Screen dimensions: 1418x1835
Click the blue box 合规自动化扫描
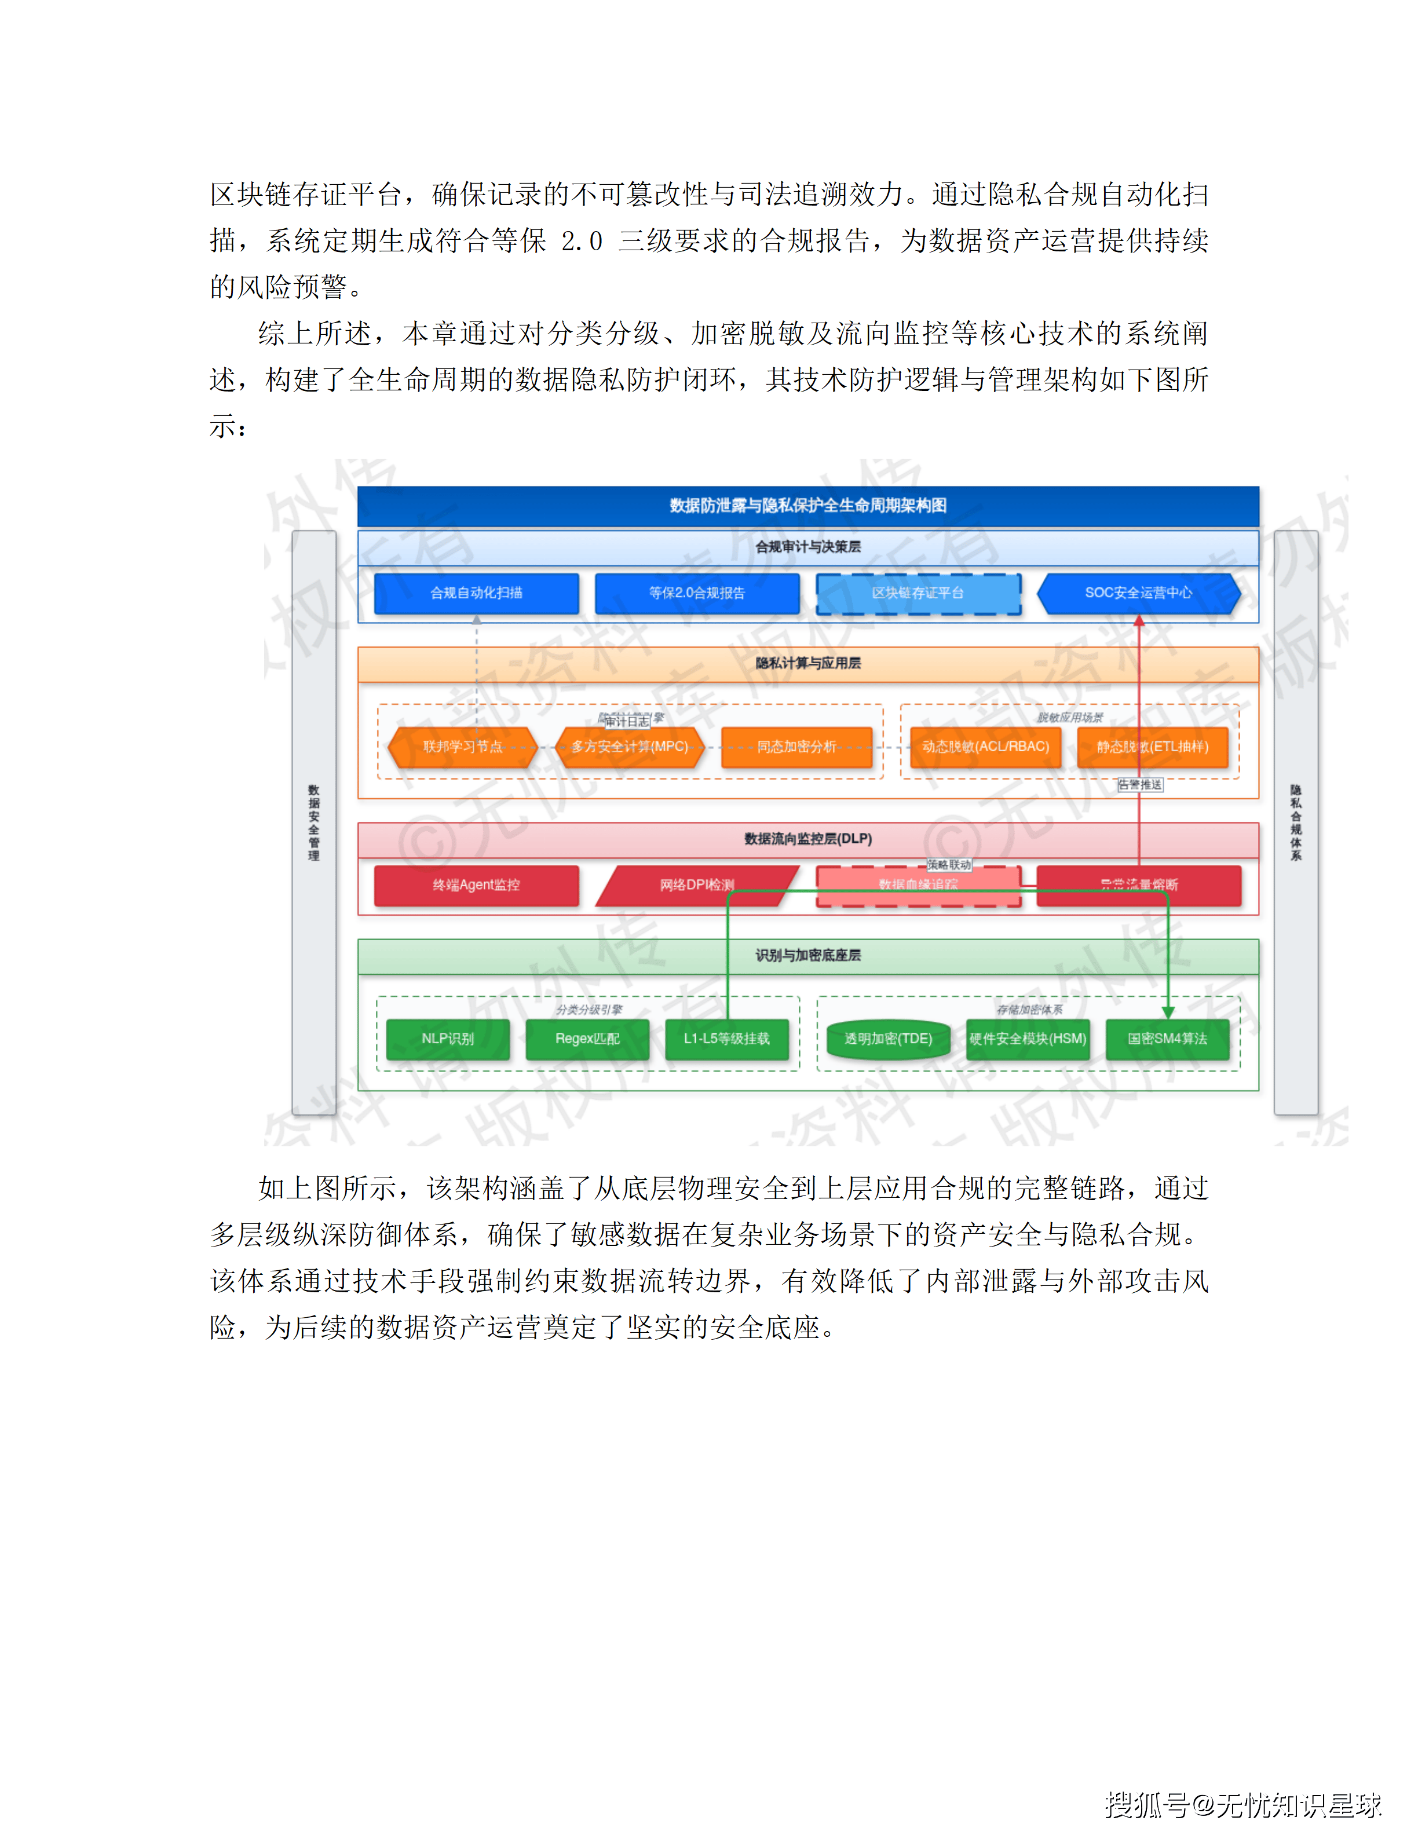tap(476, 593)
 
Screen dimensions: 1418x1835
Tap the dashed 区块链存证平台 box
tap(918, 593)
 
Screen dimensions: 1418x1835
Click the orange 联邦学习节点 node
tap(462, 747)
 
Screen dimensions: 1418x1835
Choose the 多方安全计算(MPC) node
tap(630, 747)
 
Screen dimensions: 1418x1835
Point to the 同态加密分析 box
tap(796, 747)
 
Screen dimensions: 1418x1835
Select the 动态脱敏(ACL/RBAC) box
tap(985, 747)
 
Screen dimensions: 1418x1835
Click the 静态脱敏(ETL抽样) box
tap(1153, 747)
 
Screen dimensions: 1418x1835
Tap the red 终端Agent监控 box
tap(476, 884)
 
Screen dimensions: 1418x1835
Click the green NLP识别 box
tap(448, 1039)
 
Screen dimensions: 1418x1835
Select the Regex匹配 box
tap(587, 1039)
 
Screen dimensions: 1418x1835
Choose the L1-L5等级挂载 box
tap(726, 1039)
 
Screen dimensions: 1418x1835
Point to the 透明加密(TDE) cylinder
tap(888, 1039)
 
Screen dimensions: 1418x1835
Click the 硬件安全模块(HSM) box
tap(1028, 1039)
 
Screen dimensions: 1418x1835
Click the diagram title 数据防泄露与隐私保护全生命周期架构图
tap(808, 506)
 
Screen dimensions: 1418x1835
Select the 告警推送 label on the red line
tap(1140, 785)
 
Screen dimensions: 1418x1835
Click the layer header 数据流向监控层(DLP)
tap(808, 839)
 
